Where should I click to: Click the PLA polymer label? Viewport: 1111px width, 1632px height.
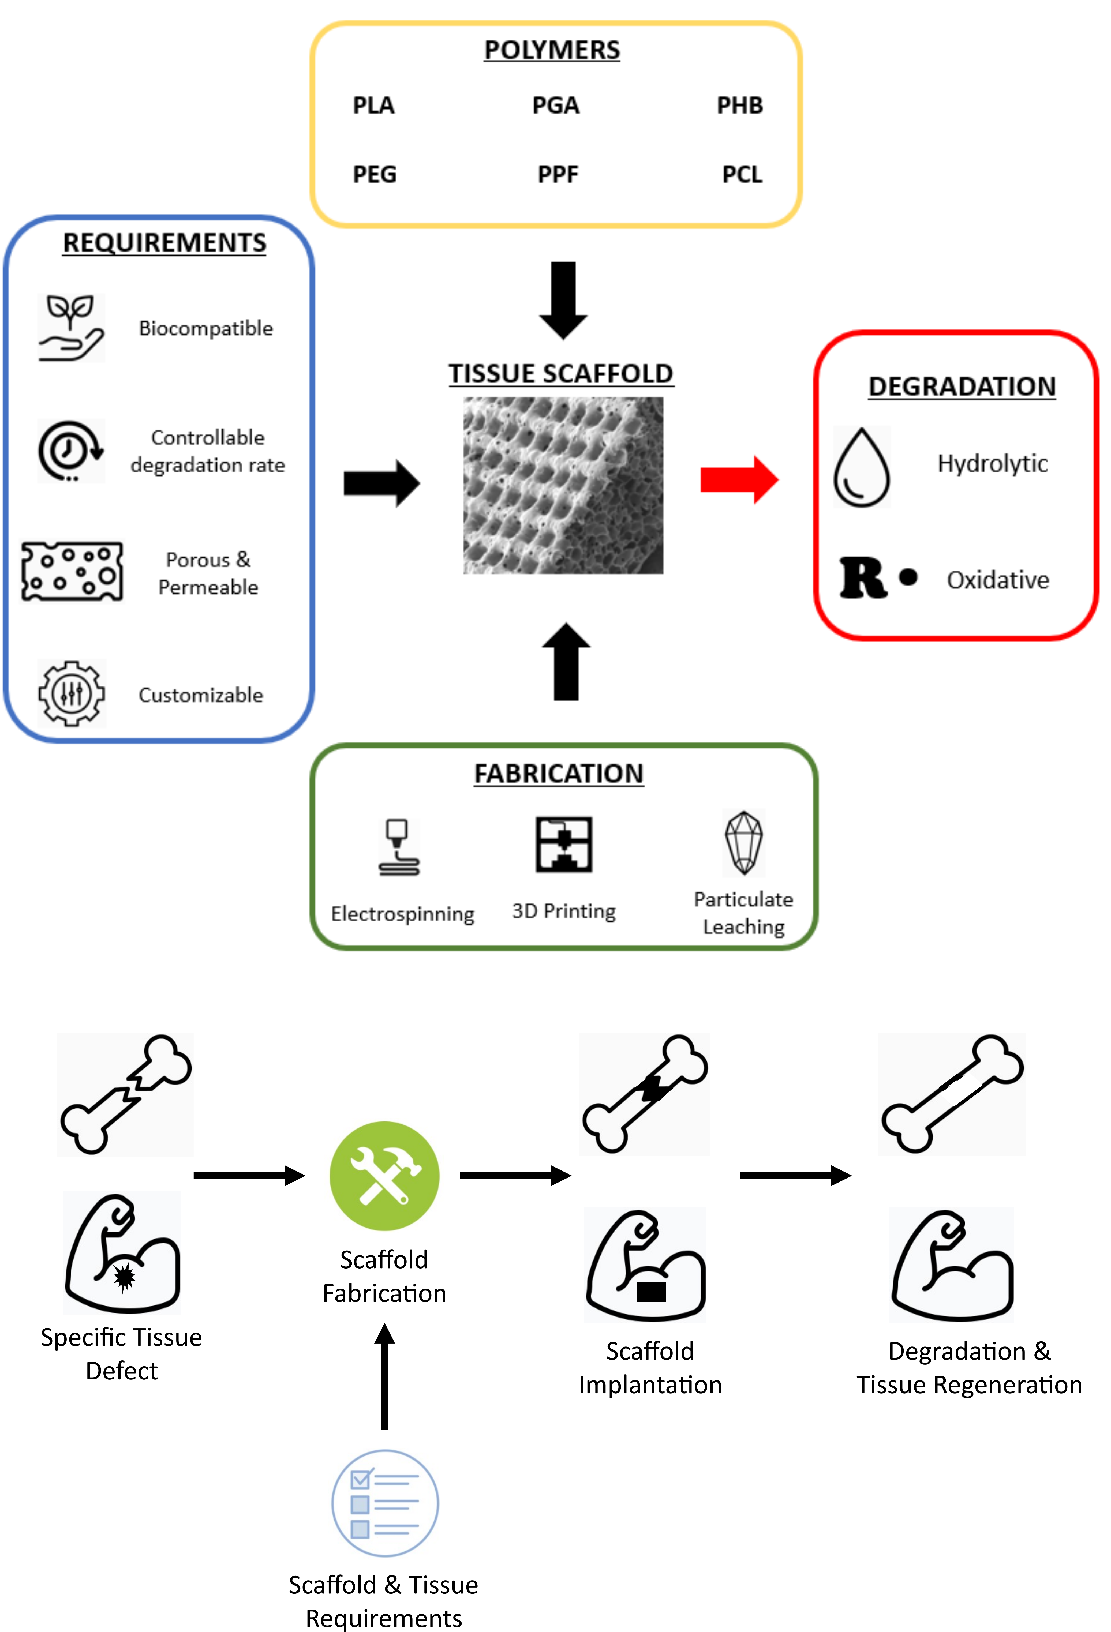click(374, 105)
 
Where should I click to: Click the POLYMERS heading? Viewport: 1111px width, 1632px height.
click(552, 50)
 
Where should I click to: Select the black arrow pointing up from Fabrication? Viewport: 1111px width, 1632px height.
click(566, 662)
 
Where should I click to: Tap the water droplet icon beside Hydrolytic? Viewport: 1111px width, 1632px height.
click(862, 467)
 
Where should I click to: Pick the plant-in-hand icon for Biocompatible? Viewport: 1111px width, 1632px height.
click(71, 328)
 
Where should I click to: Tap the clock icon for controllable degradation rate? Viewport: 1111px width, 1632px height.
click(71, 451)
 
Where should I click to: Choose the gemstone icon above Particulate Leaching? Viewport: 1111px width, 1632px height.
click(744, 843)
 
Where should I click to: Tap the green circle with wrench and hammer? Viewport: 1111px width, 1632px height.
click(384, 1176)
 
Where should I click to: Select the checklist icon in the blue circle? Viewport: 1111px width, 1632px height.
click(384, 1503)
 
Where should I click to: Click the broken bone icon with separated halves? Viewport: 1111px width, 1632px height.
click(125, 1095)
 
